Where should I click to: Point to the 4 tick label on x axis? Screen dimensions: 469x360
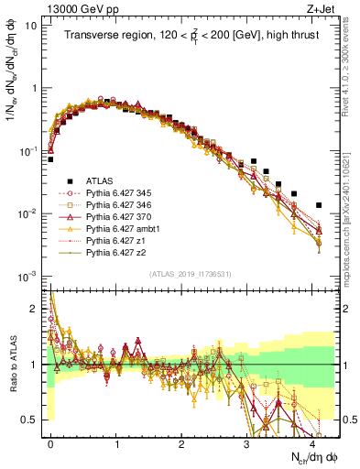pyautogui.click(x=313, y=443)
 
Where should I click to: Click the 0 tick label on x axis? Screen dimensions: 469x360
pyautogui.click(x=51, y=443)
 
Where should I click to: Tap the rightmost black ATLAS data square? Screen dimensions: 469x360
pyautogui.click(x=319, y=205)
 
